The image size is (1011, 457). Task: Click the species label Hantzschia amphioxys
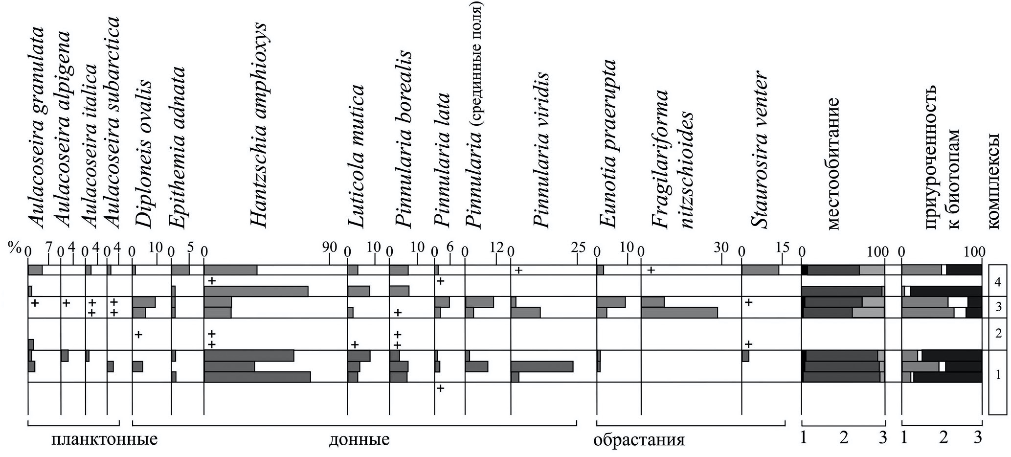pos(258,125)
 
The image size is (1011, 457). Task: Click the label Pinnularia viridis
pos(541,152)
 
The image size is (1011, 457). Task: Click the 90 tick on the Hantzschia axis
pos(330,248)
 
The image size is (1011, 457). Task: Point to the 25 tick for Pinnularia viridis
pos(578,248)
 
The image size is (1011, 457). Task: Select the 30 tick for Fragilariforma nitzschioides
pos(721,248)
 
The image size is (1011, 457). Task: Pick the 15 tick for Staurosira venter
pos(782,248)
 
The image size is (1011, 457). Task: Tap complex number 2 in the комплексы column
pos(998,334)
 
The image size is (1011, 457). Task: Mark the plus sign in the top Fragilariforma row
pos(651,270)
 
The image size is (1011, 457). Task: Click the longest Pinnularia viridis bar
pos(542,366)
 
